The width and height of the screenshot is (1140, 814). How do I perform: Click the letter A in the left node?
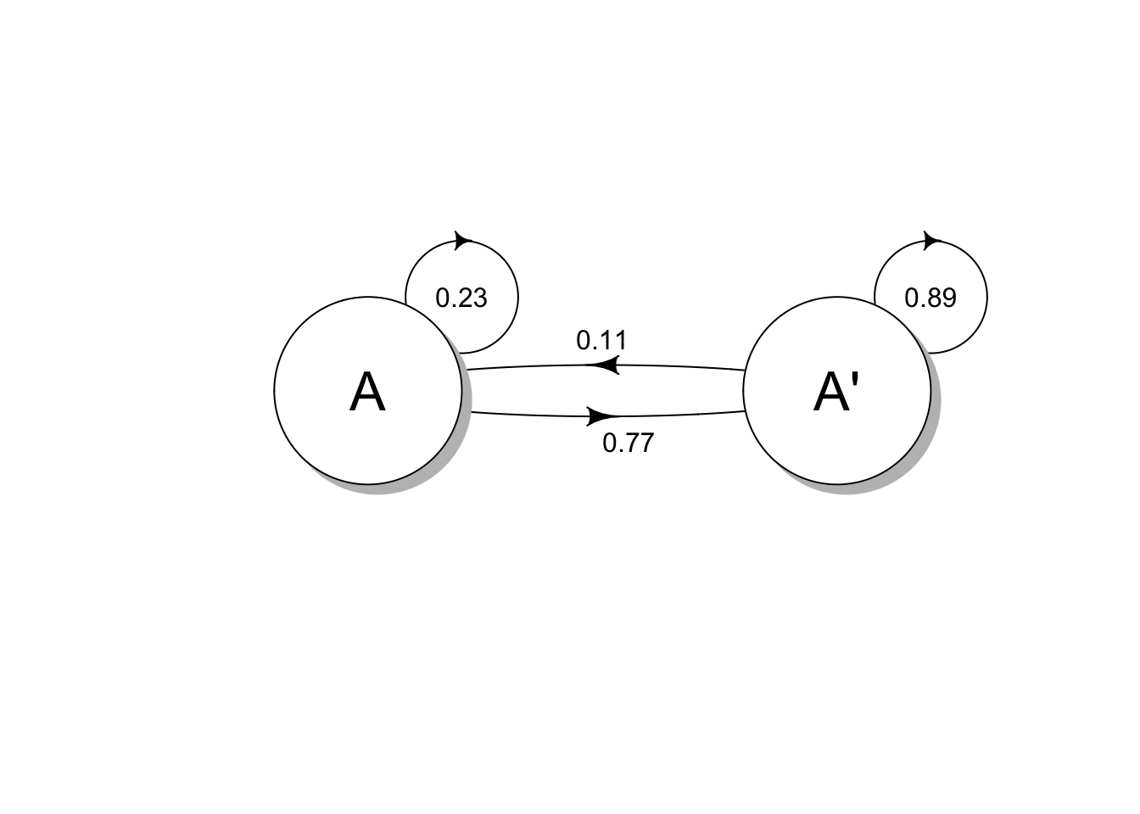coord(367,393)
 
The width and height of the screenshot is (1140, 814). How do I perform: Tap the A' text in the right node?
coord(835,393)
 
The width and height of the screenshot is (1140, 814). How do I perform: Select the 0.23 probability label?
coord(461,298)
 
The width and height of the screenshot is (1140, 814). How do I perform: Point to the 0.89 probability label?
coord(930,298)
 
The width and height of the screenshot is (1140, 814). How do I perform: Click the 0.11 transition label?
coord(601,341)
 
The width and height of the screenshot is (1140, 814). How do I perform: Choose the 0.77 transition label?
coord(628,443)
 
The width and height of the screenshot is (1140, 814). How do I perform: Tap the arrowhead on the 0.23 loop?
coord(463,240)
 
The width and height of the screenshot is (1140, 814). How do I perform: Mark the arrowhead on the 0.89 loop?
coord(932,240)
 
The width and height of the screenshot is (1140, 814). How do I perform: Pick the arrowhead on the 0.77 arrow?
coord(604,416)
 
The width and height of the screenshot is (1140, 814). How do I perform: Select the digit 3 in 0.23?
coord(480,298)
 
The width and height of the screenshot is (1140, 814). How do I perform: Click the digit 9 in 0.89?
coord(949,298)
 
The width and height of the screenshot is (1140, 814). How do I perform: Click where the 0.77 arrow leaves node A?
coord(471,412)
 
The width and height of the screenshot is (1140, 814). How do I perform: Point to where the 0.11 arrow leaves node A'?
coord(744,370)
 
